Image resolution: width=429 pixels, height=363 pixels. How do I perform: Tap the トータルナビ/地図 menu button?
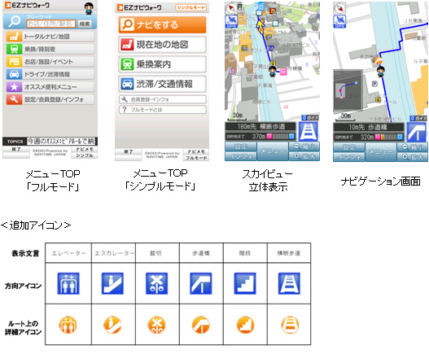[x=53, y=37]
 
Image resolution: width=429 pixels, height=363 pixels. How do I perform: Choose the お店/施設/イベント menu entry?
[x=53, y=61]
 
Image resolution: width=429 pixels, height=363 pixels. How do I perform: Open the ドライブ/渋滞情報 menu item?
[x=53, y=73]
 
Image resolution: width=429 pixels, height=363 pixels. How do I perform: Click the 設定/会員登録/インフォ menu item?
[x=53, y=99]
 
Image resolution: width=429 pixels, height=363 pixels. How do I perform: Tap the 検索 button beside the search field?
[x=85, y=24]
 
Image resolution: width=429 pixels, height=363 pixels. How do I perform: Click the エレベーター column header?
[x=68, y=253]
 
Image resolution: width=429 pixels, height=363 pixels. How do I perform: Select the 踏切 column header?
[x=157, y=253]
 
